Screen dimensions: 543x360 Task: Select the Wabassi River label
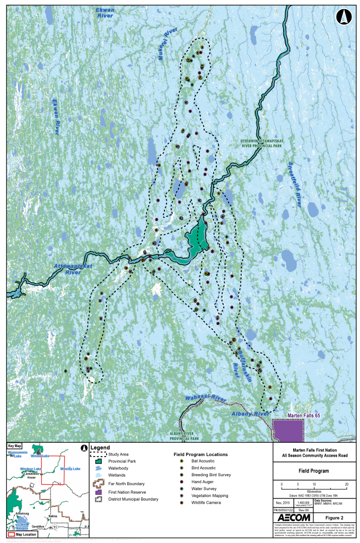pyautogui.click(x=205, y=399)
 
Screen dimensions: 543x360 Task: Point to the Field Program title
pyautogui.click(x=313, y=471)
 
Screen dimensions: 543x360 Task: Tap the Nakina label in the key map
pyautogui.click(x=52, y=515)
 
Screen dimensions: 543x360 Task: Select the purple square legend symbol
pyautogui.click(x=98, y=492)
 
